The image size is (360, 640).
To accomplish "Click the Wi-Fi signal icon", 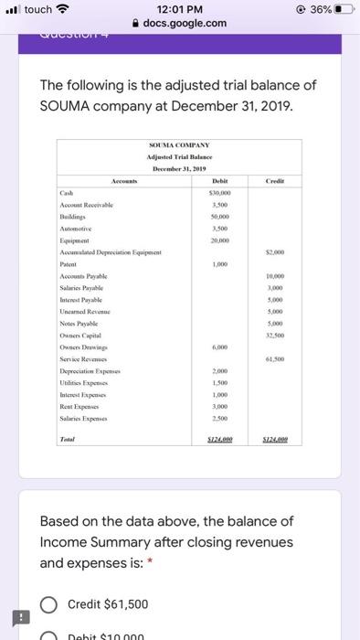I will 64,9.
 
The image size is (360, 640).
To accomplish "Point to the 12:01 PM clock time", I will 179,9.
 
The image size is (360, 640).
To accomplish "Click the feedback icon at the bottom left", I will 15,615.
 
